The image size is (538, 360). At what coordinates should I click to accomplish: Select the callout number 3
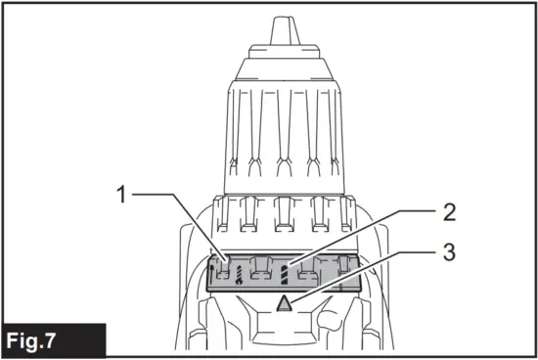point(449,252)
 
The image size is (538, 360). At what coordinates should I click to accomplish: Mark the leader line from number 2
point(362,239)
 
